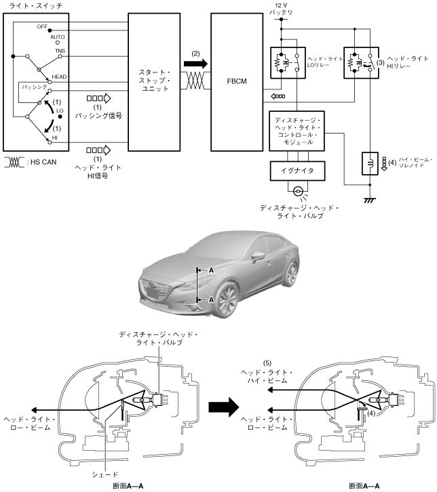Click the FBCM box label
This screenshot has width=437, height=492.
tap(237, 81)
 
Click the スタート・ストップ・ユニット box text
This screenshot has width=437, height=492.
tap(154, 81)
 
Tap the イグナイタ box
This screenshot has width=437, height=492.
tap(297, 171)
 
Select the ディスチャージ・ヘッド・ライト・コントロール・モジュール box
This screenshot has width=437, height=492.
tap(297, 131)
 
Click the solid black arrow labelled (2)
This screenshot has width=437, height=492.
tap(195, 64)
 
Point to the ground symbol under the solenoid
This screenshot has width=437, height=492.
tap(370, 200)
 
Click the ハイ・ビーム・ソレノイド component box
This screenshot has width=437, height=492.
tap(370, 163)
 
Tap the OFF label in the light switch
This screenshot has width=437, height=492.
tap(42, 26)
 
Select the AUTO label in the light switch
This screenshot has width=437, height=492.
tap(57, 37)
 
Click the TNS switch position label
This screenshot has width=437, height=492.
tap(60, 51)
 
